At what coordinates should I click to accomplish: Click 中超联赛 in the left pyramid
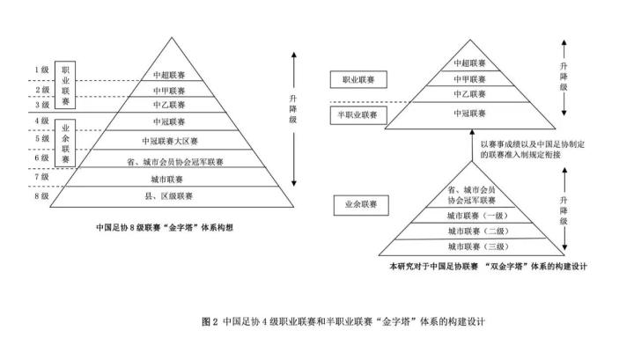coord(168,74)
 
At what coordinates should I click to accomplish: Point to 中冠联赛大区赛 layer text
coord(168,140)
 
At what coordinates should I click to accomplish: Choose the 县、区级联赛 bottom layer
coord(168,195)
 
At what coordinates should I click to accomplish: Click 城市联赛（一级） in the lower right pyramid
coord(476,217)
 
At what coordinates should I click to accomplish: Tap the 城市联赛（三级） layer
coord(476,246)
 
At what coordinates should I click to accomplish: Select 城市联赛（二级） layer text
coord(476,231)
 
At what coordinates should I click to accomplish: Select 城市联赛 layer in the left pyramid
coord(168,177)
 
